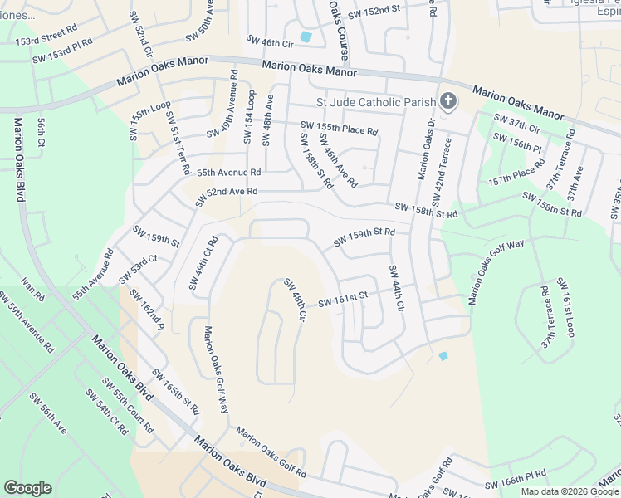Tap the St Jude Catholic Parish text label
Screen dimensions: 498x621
(376, 103)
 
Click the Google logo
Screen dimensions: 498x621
(27, 488)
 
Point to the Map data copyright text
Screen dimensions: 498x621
(570, 491)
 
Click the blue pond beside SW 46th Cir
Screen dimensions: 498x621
(306, 37)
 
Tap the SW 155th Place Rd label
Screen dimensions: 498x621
(339, 129)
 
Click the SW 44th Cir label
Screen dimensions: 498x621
(396, 288)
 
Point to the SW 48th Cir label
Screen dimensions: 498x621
(296, 300)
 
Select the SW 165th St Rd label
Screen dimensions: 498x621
(176, 392)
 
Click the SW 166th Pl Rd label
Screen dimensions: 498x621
(516, 478)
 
